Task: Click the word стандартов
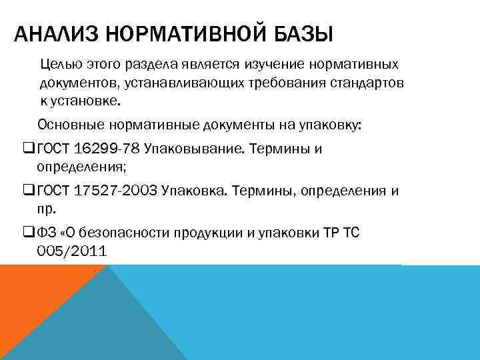pyautogui.click(x=370, y=83)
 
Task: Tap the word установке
pyautogui.click(x=87, y=101)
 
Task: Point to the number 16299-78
pyautogui.click(x=113, y=149)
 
